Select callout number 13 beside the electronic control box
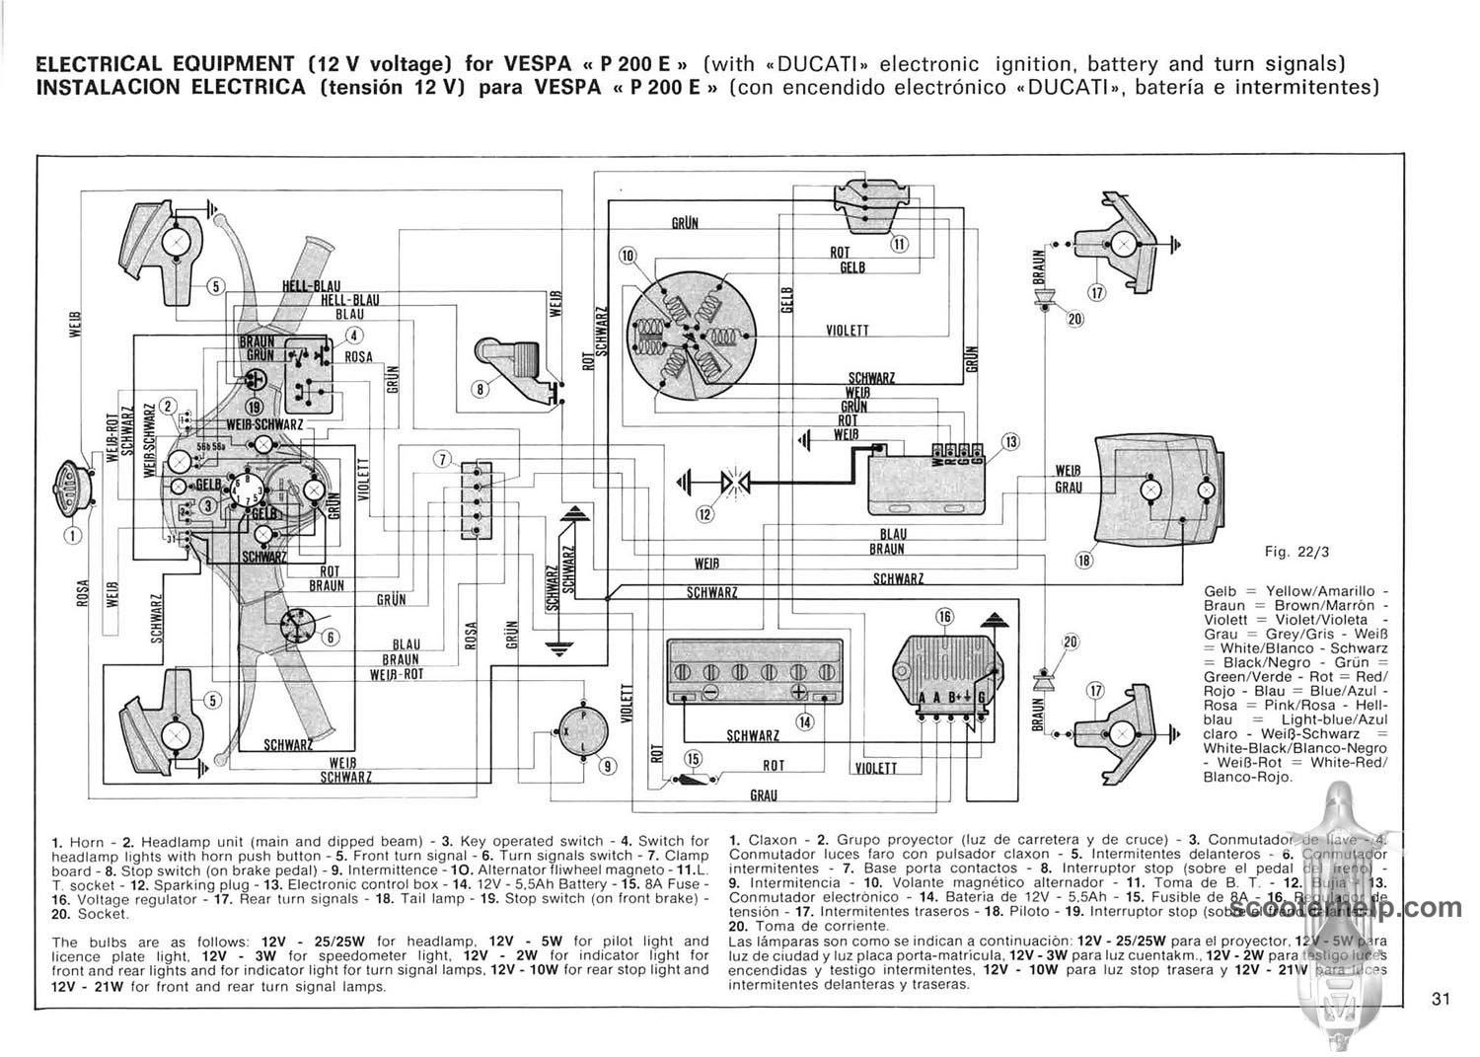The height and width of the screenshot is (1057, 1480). [x=1009, y=441]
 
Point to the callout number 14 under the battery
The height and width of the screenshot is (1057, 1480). [x=805, y=721]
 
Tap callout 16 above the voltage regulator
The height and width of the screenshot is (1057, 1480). [x=944, y=618]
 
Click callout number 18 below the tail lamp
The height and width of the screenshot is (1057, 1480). [x=1084, y=561]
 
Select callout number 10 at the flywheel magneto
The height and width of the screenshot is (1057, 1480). [x=628, y=257]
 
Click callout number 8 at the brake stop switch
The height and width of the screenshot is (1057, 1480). [x=481, y=389]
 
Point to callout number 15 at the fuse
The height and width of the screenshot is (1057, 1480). [x=693, y=758]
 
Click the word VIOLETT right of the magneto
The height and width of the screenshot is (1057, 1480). [x=847, y=331]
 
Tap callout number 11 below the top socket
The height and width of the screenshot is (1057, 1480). [x=899, y=245]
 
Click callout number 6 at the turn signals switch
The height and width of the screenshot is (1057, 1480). [x=331, y=637]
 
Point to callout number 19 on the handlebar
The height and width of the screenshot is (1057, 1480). [x=255, y=408]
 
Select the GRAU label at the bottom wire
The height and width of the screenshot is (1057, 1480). [x=763, y=795]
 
